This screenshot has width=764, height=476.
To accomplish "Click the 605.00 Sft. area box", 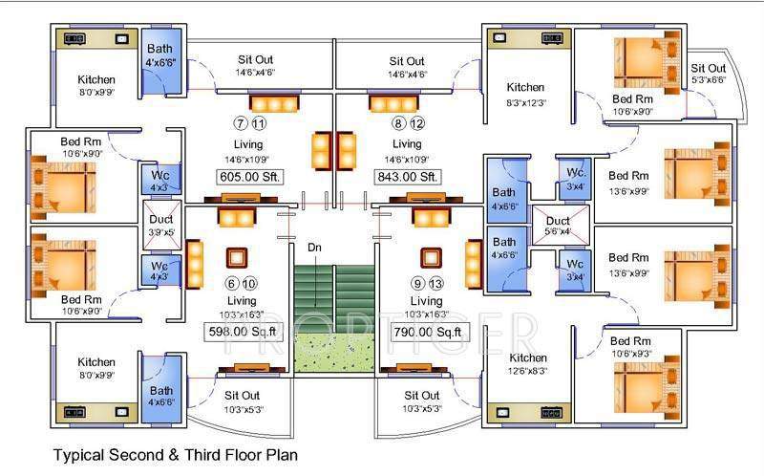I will (x=250, y=177).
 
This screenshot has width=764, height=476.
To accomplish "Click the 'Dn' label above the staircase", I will (x=314, y=248).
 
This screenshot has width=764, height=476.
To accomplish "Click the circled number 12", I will (x=416, y=123).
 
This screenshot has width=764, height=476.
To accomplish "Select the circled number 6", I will (x=230, y=284).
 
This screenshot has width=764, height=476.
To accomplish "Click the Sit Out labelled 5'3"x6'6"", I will (x=708, y=74).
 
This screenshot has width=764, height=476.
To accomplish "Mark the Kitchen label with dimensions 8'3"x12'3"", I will (x=525, y=94).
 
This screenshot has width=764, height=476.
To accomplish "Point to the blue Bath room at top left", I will (x=159, y=62).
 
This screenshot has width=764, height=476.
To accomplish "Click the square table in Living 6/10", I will (x=236, y=258).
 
